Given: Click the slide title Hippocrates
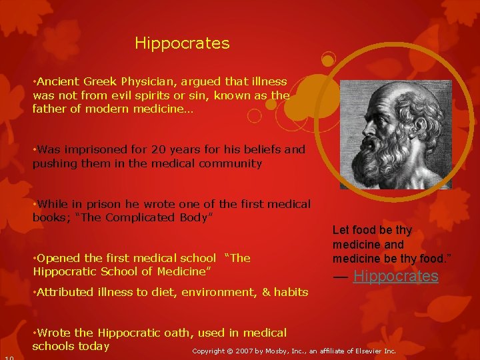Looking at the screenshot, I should (182, 44).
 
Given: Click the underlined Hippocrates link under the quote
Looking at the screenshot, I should (395, 276).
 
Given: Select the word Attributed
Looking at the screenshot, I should (67, 291).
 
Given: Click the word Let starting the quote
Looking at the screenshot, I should (340, 230).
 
